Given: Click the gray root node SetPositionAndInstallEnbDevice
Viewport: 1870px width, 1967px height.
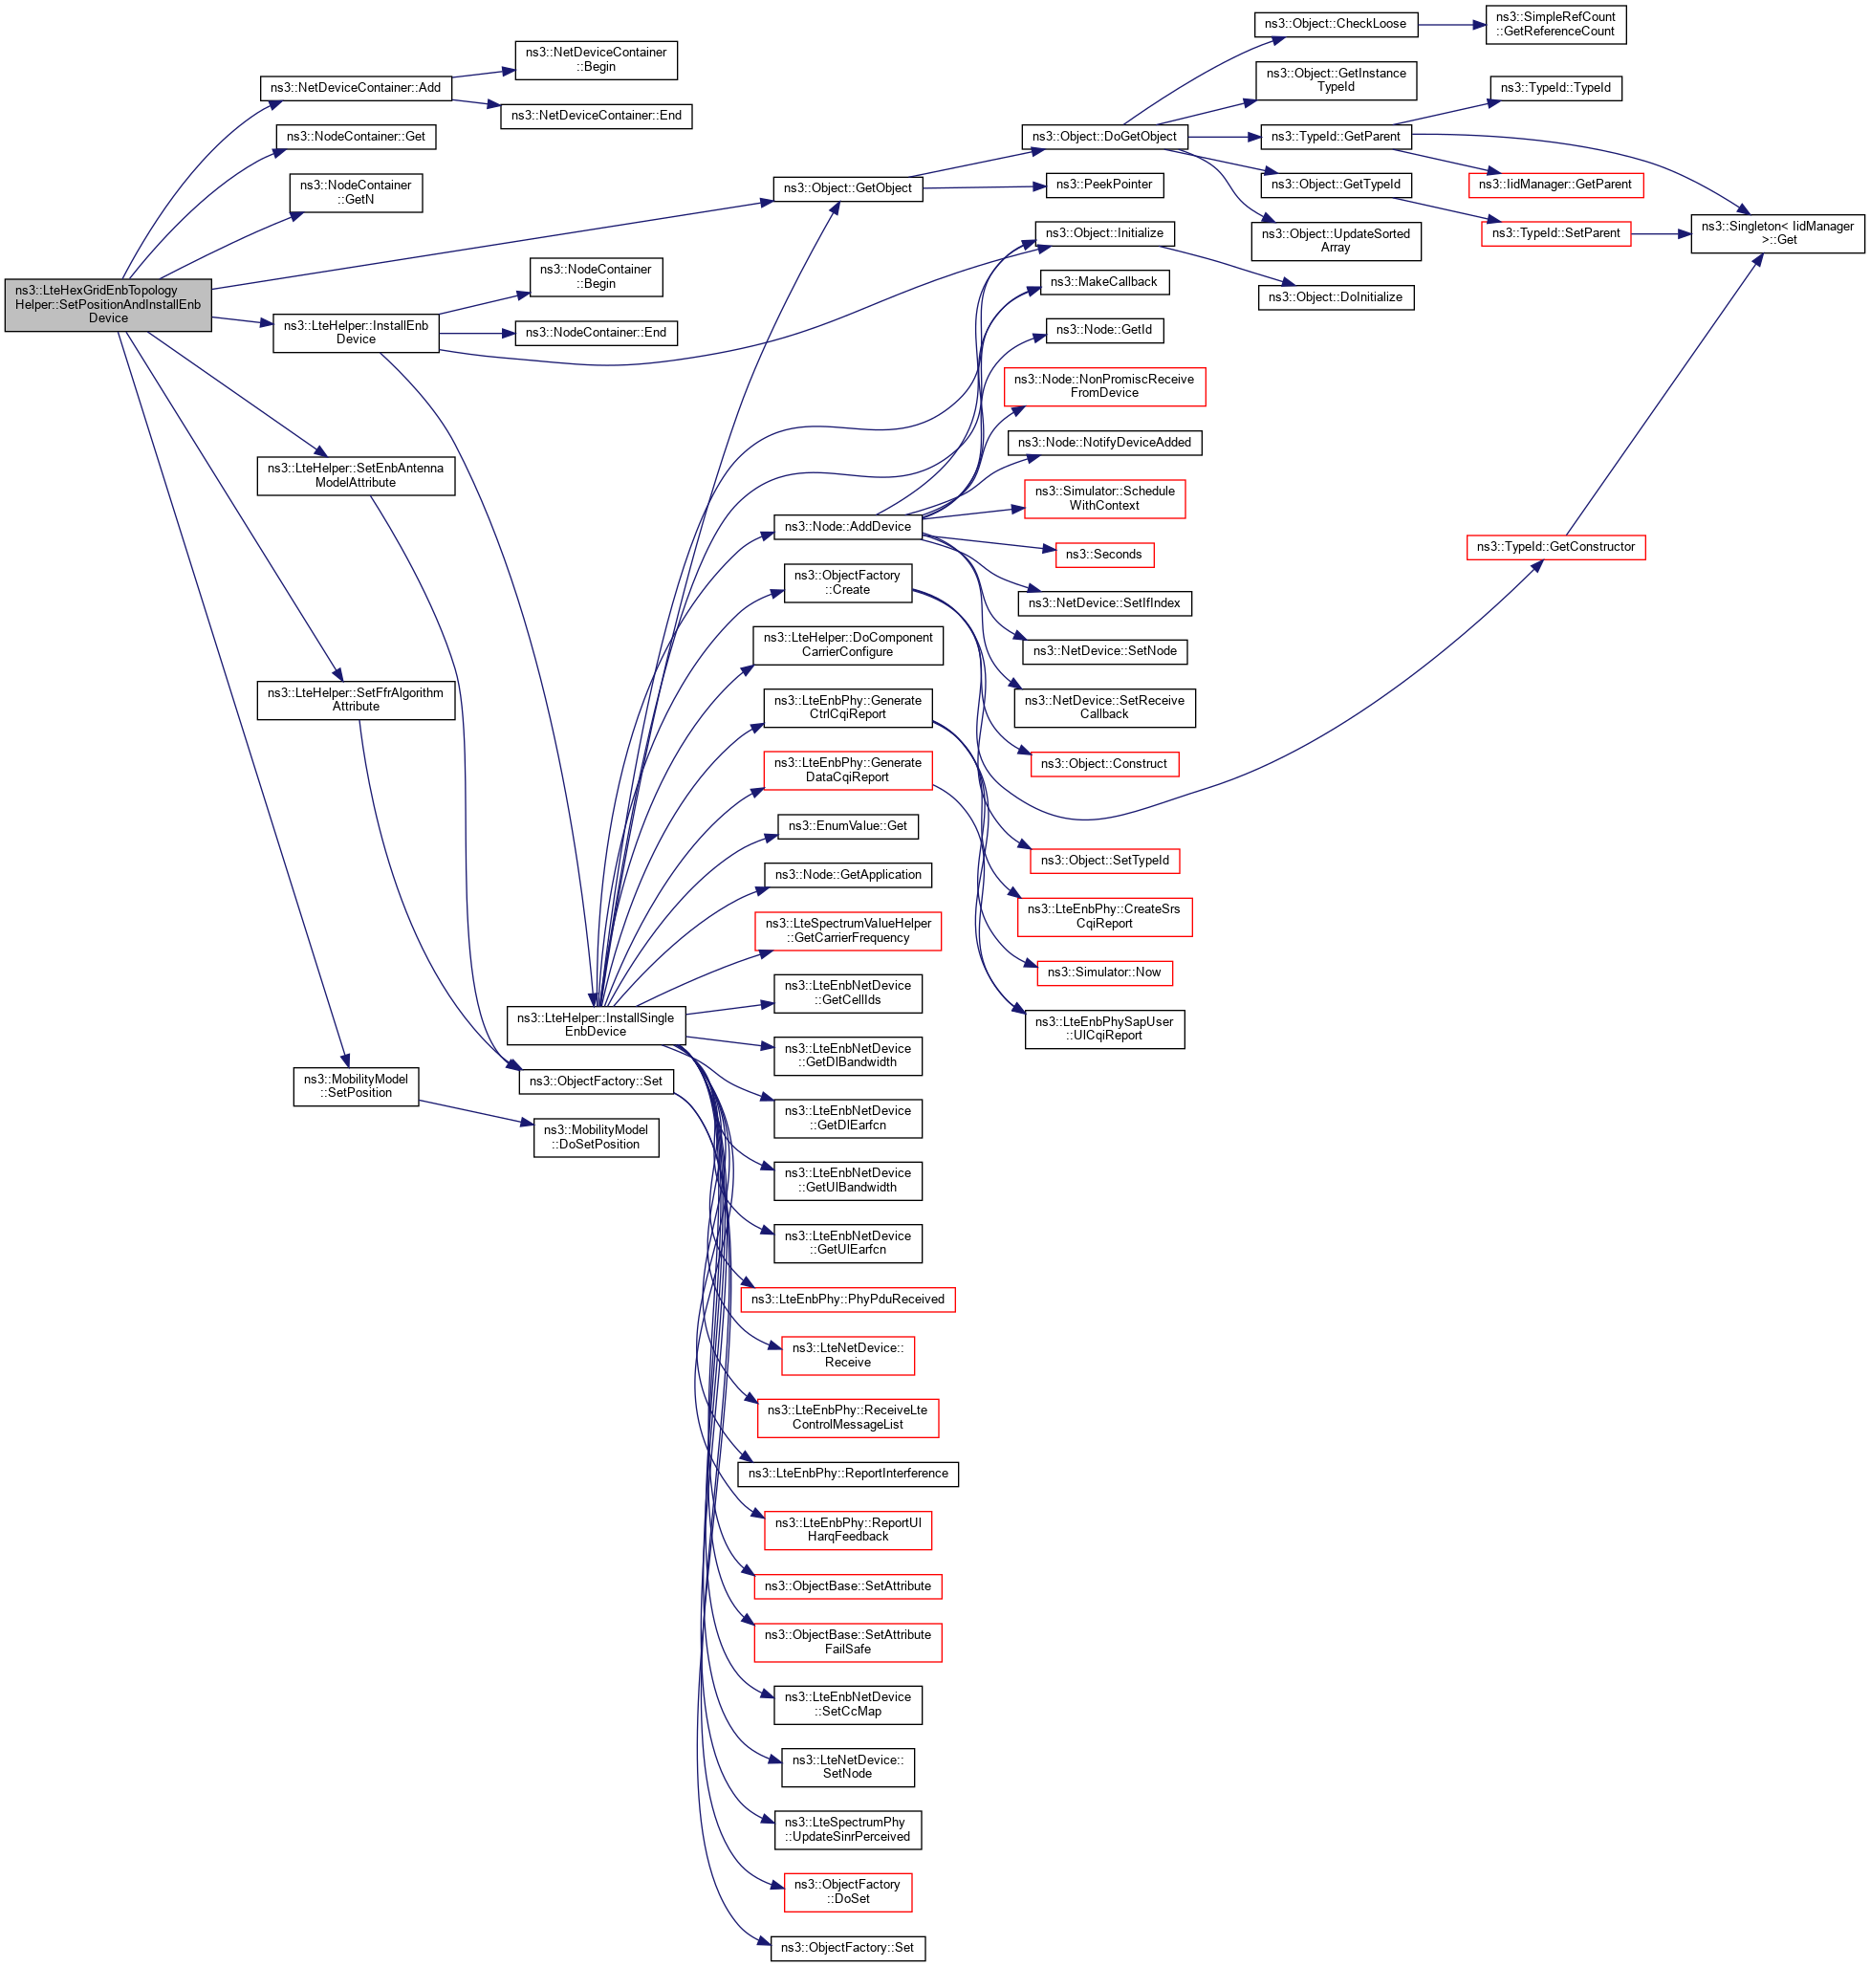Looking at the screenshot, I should point(108,304).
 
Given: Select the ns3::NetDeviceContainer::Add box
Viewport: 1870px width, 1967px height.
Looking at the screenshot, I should point(355,88).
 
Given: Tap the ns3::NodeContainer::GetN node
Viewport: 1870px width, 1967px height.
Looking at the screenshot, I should point(356,192).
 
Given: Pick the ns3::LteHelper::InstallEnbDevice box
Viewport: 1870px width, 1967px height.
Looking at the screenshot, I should point(356,333).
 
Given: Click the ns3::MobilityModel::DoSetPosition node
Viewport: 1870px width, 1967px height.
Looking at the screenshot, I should point(597,1137).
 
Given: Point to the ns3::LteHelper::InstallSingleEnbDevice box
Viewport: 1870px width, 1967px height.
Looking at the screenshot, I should point(595,1025).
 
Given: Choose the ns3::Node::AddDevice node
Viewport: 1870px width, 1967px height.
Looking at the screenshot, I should point(847,526).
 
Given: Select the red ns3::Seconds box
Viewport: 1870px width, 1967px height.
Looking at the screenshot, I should point(1103,555).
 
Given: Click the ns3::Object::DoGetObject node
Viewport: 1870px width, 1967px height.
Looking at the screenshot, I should point(1103,137).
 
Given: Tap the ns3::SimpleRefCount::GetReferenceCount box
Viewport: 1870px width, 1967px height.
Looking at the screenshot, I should point(1555,24).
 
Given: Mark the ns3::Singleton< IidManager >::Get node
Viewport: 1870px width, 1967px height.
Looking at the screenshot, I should point(1776,233).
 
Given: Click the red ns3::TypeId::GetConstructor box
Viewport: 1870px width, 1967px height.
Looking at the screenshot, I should point(1555,546).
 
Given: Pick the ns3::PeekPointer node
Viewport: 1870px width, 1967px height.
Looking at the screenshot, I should point(1103,185).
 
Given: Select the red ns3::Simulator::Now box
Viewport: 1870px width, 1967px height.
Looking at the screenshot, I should point(1103,973).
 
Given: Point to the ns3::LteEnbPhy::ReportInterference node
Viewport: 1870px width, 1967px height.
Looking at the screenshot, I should point(847,1474).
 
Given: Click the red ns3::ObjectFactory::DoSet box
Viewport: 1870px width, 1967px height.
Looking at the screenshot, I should point(847,1891).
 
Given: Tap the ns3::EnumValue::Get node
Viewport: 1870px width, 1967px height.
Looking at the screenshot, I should point(847,825).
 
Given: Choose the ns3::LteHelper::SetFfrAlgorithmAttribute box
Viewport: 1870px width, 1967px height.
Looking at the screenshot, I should point(356,700).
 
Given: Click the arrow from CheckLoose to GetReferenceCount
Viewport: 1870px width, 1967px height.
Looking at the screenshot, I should point(1451,24).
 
